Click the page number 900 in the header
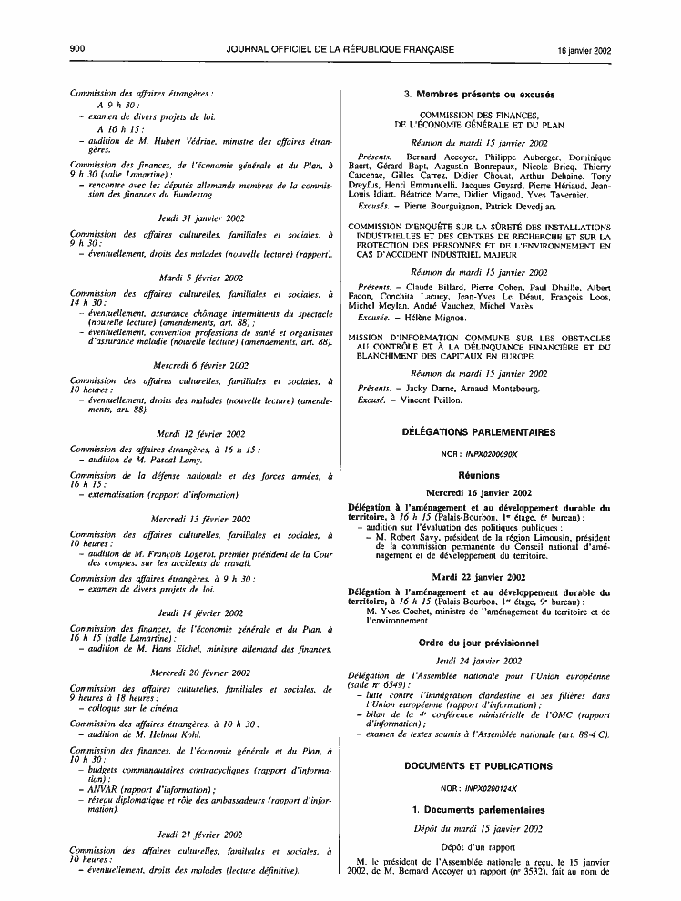[x=76, y=50]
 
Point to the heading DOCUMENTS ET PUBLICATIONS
[x=478, y=766]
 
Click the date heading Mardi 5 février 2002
[x=200, y=277]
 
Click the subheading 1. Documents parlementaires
[x=478, y=809]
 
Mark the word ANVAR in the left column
[x=95, y=790]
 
